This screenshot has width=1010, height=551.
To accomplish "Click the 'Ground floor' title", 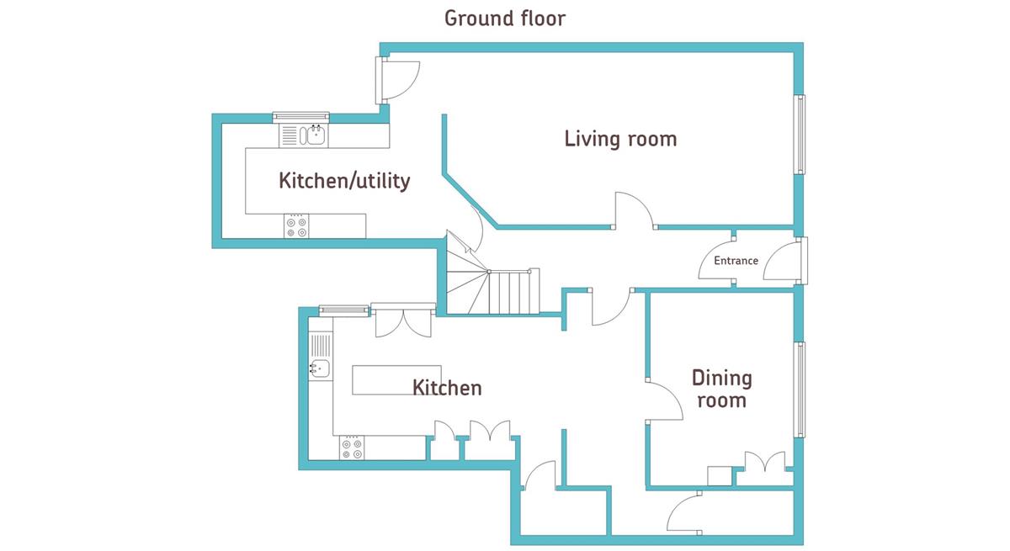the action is [504, 19].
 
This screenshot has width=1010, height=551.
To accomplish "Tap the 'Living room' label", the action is [620, 139].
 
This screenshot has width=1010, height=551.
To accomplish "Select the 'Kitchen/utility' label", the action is [344, 181].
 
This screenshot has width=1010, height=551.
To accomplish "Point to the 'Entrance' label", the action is [736, 261].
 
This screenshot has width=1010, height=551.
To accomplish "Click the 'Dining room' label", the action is [722, 389].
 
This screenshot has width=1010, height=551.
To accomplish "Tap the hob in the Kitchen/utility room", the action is [296, 226].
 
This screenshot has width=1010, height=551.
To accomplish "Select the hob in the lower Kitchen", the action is [352, 448].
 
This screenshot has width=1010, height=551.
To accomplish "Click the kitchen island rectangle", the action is [396, 380].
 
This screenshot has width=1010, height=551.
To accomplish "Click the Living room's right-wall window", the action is [800, 135].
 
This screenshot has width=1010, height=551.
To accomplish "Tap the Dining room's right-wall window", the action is [800, 389].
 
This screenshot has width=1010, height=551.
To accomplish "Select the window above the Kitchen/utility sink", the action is [300, 117].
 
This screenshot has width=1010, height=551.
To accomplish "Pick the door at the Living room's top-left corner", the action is [397, 80].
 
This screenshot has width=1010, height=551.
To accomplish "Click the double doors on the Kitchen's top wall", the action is [403, 321].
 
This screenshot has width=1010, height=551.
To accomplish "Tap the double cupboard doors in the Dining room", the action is [765, 462].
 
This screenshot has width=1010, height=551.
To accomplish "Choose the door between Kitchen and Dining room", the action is [664, 400].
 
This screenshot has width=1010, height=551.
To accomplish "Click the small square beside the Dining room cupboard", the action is [719, 476].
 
